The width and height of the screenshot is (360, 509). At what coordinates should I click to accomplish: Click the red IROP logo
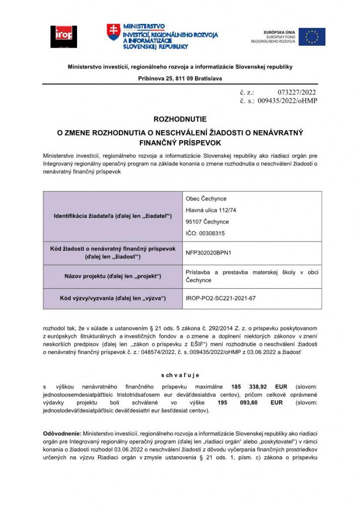(x=64, y=36)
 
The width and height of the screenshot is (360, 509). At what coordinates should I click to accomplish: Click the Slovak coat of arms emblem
(x=113, y=32)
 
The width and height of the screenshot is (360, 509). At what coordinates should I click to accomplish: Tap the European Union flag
(x=312, y=37)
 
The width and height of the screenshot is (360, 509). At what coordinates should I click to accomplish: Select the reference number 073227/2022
(x=296, y=92)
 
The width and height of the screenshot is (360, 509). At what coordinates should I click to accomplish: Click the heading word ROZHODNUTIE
(x=180, y=120)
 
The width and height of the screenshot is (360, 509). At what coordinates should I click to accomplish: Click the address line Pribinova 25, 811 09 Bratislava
(x=180, y=79)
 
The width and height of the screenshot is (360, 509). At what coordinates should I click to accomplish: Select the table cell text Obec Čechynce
(x=206, y=199)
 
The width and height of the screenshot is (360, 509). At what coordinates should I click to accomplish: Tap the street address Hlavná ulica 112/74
(x=211, y=210)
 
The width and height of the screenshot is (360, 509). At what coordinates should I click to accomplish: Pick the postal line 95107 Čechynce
(x=207, y=222)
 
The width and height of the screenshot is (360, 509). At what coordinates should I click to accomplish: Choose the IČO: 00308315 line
(x=205, y=233)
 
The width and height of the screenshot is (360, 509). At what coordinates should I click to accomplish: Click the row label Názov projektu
(x=113, y=276)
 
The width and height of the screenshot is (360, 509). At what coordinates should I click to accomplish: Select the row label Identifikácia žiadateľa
(x=112, y=216)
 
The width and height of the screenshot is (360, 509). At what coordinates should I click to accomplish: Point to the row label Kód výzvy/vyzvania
(x=112, y=298)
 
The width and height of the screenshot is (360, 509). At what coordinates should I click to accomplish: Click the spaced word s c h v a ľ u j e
(x=180, y=375)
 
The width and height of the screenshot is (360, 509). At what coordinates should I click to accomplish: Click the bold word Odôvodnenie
(x=62, y=433)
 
